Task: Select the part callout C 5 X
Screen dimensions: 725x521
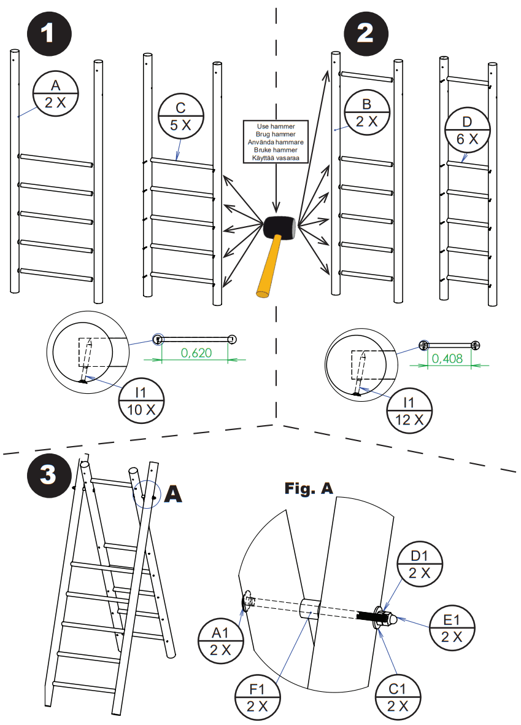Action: pyautogui.click(x=180, y=115)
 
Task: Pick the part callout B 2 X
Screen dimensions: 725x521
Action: pyautogui.click(x=366, y=112)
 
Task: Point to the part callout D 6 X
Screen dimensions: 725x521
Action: pyautogui.click(x=468, y=130)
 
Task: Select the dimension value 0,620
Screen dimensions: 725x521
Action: pyautogui.click(x=195, y=353)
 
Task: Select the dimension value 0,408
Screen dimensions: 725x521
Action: pyautogui.click(x=447, y=359)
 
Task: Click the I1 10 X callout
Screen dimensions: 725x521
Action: pyautogui.click(x=141, y=401)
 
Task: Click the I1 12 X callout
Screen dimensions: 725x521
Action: pyautogui.click(x=409, y=411)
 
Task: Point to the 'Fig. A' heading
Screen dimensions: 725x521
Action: pyautogui.click(x=308, y=488)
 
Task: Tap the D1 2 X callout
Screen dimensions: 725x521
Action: pyautogui.click(x=420, y=564)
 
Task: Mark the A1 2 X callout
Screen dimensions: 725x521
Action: pyautogui.click(x=221, y=640)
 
